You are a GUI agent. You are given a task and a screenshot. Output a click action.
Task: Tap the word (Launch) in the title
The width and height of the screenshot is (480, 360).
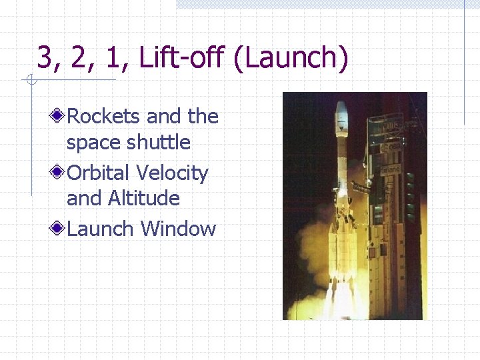click(291, 58)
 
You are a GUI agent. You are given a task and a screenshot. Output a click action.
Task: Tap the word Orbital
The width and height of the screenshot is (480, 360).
click(99, 173)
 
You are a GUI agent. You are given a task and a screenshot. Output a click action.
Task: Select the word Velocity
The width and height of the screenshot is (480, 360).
click(172, 173)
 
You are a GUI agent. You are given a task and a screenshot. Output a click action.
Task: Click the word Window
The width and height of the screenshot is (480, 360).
click(179, 229)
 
